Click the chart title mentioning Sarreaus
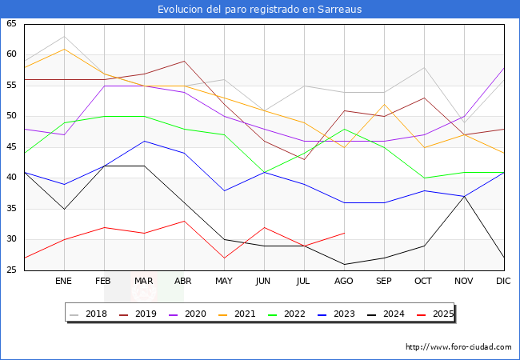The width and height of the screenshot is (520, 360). point(259,10)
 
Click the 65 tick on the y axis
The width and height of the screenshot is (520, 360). point(11,24)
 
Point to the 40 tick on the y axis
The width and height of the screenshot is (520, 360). point(11,178)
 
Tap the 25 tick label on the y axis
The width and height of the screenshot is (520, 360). point(11,270)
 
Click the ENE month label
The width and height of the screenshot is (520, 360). point(64,282)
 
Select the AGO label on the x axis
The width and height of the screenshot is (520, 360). point(344,282)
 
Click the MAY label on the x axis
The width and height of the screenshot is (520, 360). point(224,282)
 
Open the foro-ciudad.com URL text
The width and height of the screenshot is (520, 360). point(458,347)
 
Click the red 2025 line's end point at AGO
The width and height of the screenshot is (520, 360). point(344,234)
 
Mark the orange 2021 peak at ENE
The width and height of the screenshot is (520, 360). point(64,49)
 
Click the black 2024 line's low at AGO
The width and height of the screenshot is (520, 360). point(344,264)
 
